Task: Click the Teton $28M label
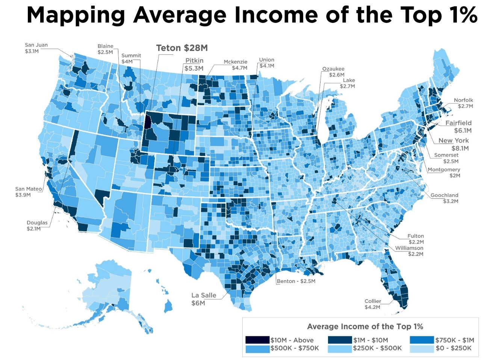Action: pos(181,48)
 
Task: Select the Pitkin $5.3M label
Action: pos(194,64)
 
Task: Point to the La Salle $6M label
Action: pos(204,299)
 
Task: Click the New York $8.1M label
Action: pos(454,144)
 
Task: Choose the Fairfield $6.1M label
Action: pos(458,127)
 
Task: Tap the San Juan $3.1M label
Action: pos(36,48)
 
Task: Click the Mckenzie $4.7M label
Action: pos(236,65)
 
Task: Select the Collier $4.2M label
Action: pos(372,304)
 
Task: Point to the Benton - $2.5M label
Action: pos(296,281)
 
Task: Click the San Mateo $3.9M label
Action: pos(29,192)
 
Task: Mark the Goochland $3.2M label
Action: pos(445,198)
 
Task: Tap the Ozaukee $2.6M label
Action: pos(333,72)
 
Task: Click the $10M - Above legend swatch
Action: pos(257,340)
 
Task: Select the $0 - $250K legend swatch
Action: pos(422,348)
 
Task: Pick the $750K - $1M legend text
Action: pos(455,340)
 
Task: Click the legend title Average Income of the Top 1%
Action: pos(365,327)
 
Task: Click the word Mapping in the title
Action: pos(76,15)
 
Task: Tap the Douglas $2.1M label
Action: pos(37,225)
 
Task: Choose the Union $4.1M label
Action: pos(266,63)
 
